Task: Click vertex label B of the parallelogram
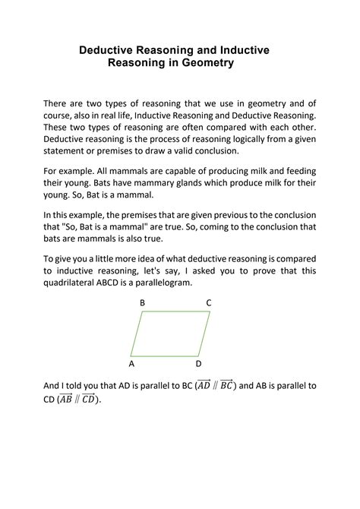(x=142, y=303)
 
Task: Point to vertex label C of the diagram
(x=209, y=303)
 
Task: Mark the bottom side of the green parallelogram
(x=165, y=356)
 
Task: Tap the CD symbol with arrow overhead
(x=90, y=400)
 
